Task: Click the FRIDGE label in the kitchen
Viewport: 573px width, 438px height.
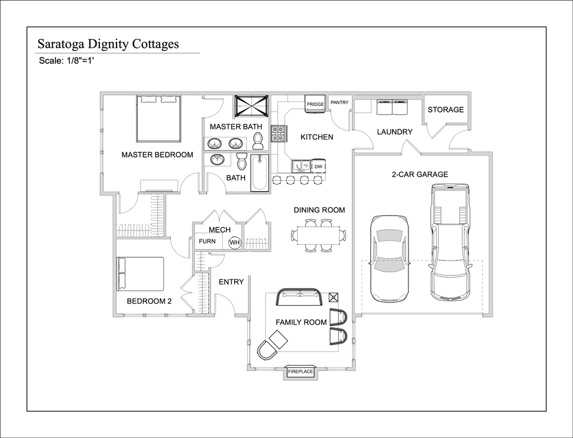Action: point(315,104)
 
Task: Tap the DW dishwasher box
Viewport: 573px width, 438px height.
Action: point(318,167)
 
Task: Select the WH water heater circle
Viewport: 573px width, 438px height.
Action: point(235,242)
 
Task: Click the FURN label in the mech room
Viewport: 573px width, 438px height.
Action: point(207,241)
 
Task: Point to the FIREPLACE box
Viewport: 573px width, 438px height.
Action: point(300,372)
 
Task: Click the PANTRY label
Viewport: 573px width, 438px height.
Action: point(339,103)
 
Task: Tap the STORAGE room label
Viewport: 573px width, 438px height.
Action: point(446,109)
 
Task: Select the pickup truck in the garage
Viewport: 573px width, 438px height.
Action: point(450,242)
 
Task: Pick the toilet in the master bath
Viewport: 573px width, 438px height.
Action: point(258,141)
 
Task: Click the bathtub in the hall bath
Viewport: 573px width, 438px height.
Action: point(259,173)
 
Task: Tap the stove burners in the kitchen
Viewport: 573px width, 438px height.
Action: point(279,133)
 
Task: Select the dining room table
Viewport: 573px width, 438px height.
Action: point(319,235)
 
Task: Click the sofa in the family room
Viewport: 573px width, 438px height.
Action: point(300,297)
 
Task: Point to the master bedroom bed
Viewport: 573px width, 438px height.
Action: point(159,119)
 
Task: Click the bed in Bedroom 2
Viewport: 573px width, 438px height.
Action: point(141,274)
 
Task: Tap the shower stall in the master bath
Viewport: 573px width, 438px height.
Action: point(251,106)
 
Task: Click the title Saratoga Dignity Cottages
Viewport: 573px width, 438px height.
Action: point(108,44)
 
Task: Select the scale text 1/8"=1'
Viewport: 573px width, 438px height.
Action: point(81,61)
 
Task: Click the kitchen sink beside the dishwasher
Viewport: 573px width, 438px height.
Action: point(301,167)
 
